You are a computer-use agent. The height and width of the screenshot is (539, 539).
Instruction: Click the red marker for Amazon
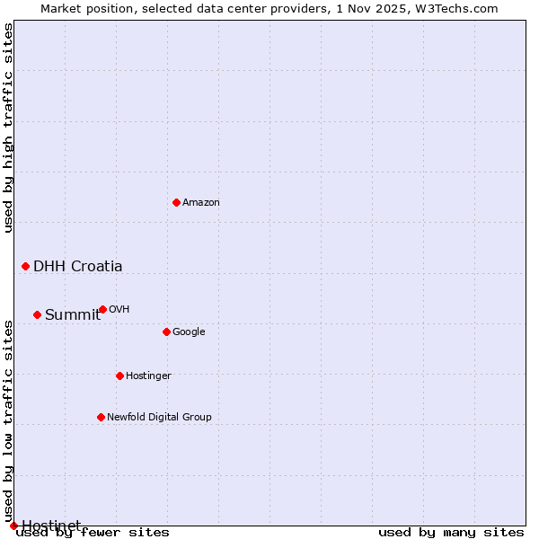click(x=176, y=202)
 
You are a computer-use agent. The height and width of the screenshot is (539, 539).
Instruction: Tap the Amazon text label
click(x=201, y=203)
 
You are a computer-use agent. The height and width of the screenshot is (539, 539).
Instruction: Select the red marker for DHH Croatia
click(x=25, y=266)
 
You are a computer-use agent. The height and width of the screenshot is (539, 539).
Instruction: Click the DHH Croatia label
click(x=78, y=266)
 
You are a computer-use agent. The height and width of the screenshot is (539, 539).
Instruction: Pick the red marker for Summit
click(x=37, y=314)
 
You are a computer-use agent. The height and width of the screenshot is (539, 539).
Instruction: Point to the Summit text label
click(x=73, y=314)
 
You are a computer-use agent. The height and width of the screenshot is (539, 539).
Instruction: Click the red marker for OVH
click(x=102, y=309)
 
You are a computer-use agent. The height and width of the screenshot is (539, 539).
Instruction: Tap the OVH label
click(x=119, y=310)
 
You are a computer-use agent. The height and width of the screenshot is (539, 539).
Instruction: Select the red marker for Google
click(x=166, y=331)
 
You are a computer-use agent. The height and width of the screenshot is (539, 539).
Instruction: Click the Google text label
click(x=189, y=332)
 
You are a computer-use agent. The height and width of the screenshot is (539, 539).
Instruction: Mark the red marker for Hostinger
click(x=119, y=376)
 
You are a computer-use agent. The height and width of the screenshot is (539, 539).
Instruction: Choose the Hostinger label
click(x=148, y=376)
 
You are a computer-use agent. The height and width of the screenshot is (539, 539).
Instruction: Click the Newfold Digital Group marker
click(x=101, y=417)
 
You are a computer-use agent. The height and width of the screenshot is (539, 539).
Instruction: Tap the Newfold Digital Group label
click(x=159, y=418)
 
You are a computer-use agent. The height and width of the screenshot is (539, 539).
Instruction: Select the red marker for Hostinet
click(x=13, y=526)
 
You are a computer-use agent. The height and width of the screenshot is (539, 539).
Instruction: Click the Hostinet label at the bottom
click(x=51, y=525)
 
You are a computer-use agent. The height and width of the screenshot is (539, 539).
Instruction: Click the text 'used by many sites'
click(x=451, y=533)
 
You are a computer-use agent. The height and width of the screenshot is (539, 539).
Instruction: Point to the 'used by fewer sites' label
click(x=93, y=533)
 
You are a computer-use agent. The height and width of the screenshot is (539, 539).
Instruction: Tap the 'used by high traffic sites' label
click(x=9, y=128)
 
